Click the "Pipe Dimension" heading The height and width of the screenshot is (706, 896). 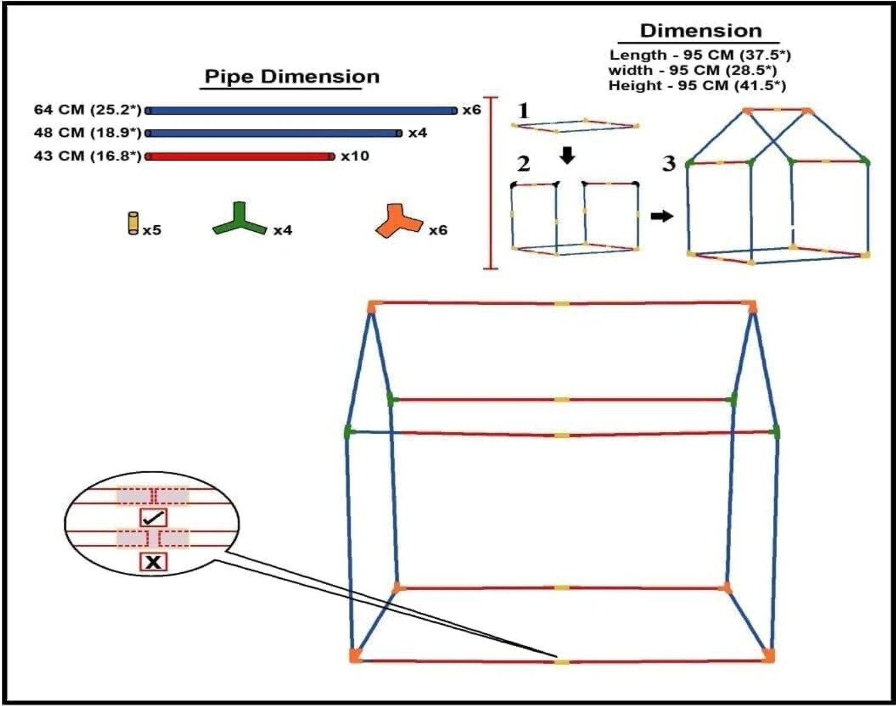click(x=292, y=77)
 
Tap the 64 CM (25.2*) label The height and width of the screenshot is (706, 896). click(x=88, y=110)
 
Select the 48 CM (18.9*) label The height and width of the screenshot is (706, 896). click(x=88, y=133)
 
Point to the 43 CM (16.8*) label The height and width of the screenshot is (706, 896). click(x=88, y=156)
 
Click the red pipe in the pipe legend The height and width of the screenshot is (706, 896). click(x=240, y=156)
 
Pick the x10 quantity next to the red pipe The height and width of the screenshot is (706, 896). click(x=355, y=156)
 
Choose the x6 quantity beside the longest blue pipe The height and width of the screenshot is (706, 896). click(x=472, y=110)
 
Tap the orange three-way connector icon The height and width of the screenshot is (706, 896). click(x=399, y=221)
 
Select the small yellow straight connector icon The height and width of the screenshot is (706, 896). click(x=133, y=223)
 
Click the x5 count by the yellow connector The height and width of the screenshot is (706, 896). click(x=152, y=230)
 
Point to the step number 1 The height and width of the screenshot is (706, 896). click(x=523, y=110)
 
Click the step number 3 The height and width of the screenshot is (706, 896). click(x=668, y=163)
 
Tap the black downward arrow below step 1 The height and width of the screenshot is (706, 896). click(x=567, y=156)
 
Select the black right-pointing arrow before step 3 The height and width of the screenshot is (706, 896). click(x=662, y=216)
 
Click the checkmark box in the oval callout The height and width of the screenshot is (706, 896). click(x=154, y=517)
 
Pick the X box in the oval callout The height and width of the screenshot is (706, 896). click(x=154, y=563)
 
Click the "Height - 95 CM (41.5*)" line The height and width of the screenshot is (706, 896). click(x=698, y=86)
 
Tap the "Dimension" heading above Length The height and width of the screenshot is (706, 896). click(x=701, y=31)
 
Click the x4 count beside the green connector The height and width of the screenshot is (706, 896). click(x=283, y=230)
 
